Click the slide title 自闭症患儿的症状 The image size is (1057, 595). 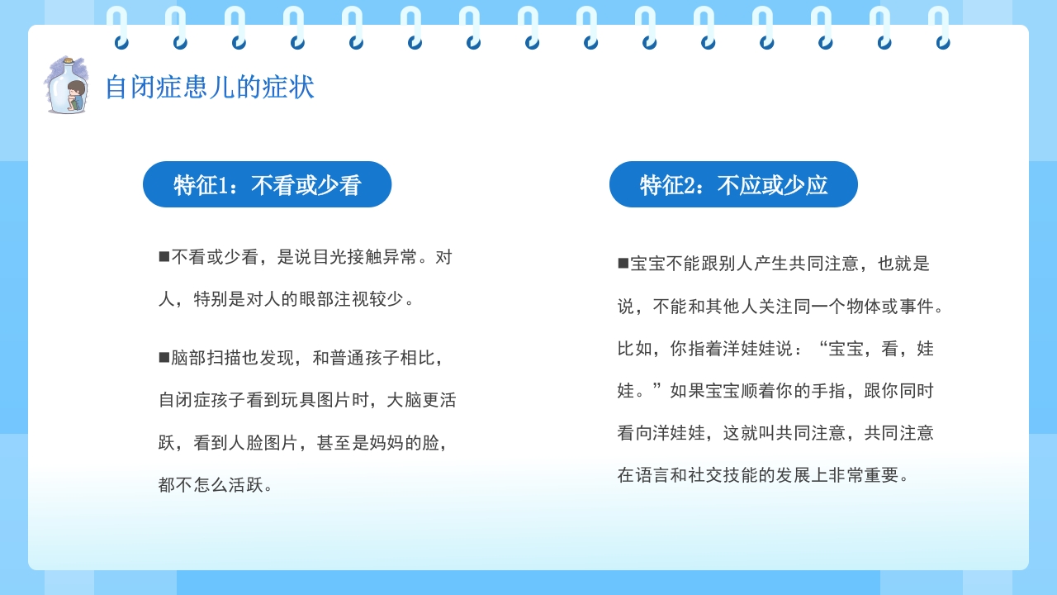[x=210, y=87]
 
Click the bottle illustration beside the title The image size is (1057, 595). [x=65, y=85]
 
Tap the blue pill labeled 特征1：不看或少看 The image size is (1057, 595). [x=267, y=184]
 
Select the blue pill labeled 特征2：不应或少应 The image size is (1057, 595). [x=733, y=184]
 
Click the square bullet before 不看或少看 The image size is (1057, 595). [x=164, y=257]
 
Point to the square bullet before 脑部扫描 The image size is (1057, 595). [x=164, y=358]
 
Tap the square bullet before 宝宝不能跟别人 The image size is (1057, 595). [x=623, y=264]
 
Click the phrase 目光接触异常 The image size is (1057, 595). [x=366, y=257]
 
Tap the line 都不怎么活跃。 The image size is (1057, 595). [x=216, y=485]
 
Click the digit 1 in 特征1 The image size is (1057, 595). [x=224, y=185]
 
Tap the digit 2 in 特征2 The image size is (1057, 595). [x=690, y=185]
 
